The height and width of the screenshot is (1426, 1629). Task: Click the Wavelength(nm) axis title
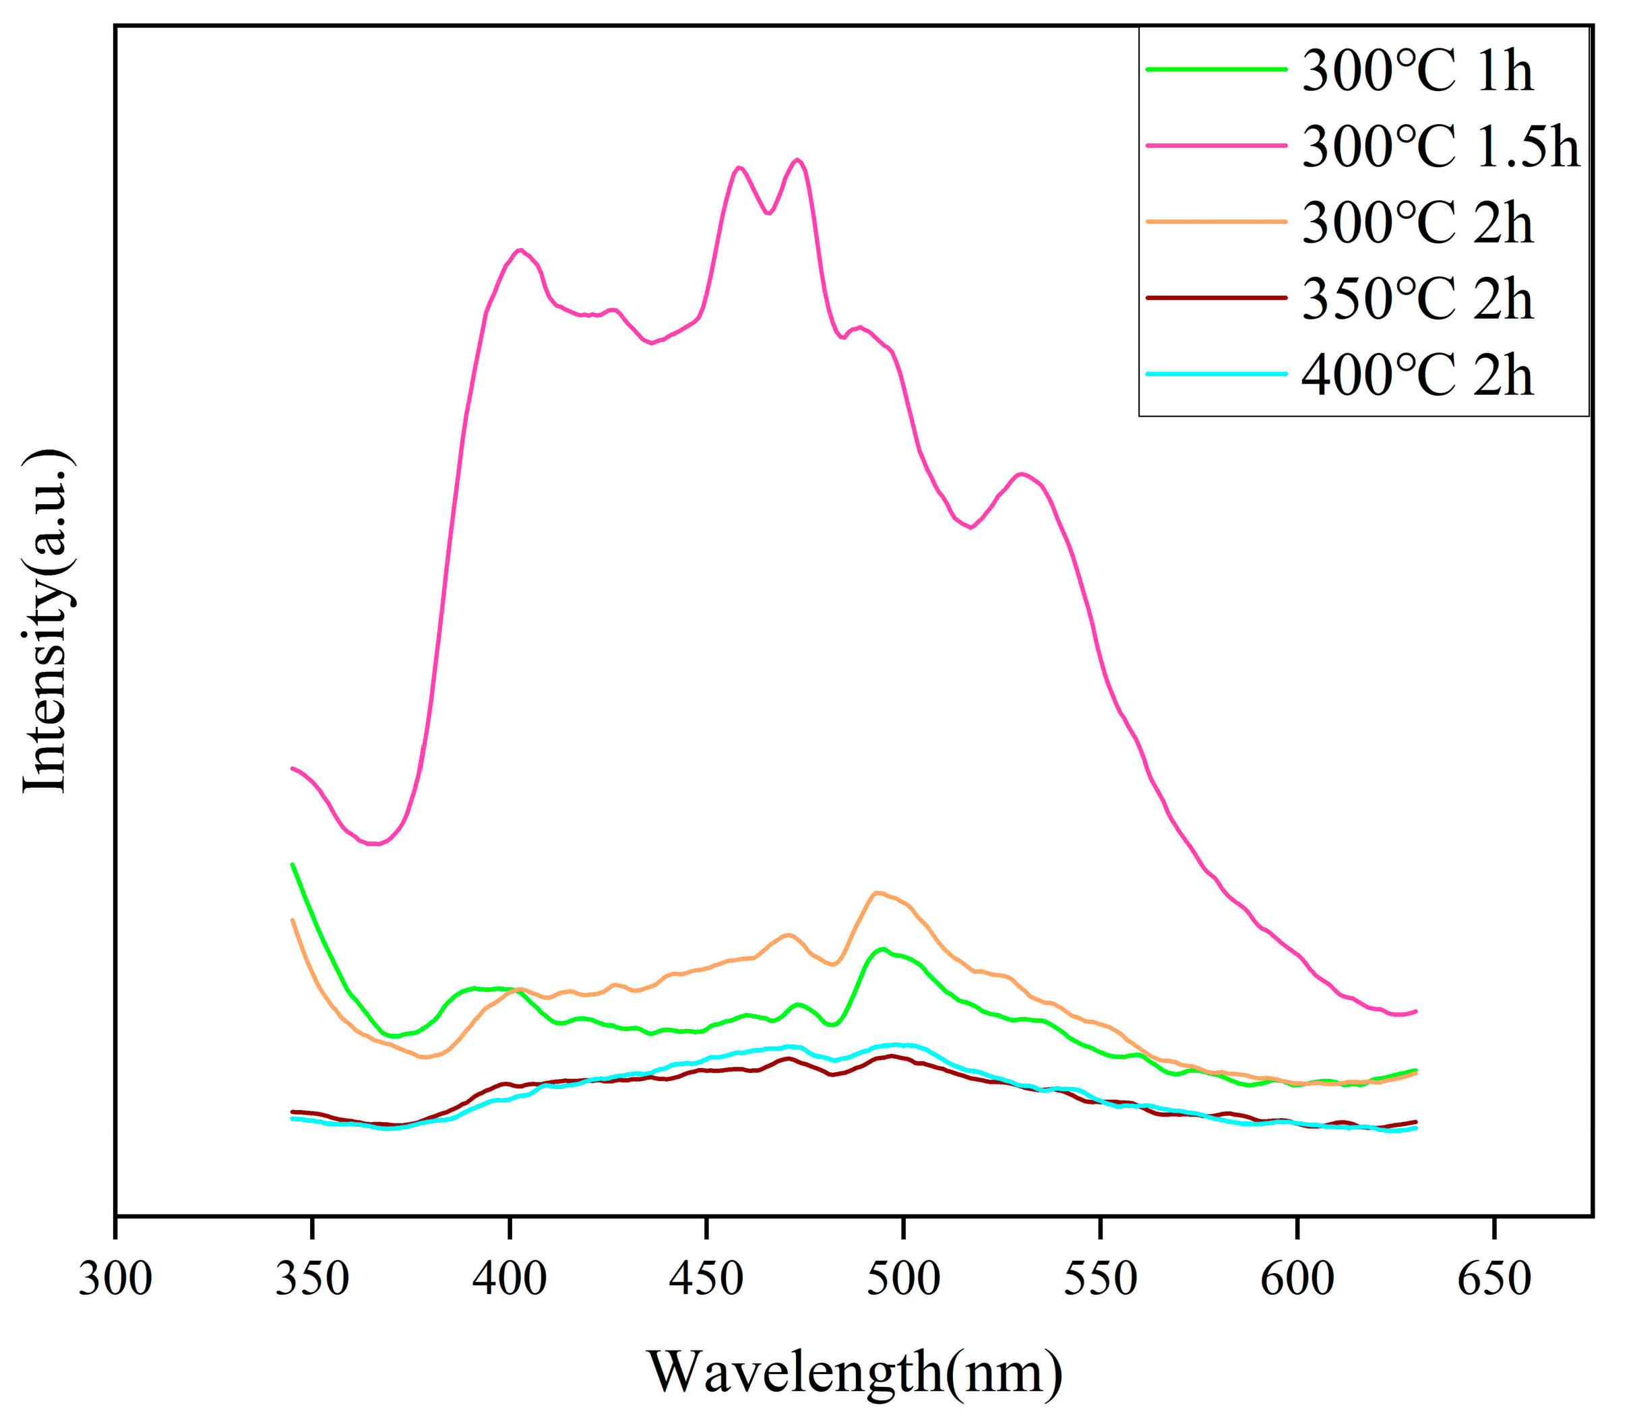[x=854, y=1371]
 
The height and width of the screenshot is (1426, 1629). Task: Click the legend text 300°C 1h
[x=1417, y=71]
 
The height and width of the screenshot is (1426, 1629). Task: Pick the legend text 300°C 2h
[x=1417, y=224]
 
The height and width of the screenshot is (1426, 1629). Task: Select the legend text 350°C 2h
[x=1417, y=299]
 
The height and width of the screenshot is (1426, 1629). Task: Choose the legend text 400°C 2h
[x=1417, y=375]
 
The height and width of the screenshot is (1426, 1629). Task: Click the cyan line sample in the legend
[x=1215, y=373]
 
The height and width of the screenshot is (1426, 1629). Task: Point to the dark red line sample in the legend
[x=1215, y=298]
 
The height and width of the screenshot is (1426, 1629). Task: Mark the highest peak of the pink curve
[x=797, y=159]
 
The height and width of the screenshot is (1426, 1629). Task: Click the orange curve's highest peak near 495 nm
[x=876, y=892]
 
